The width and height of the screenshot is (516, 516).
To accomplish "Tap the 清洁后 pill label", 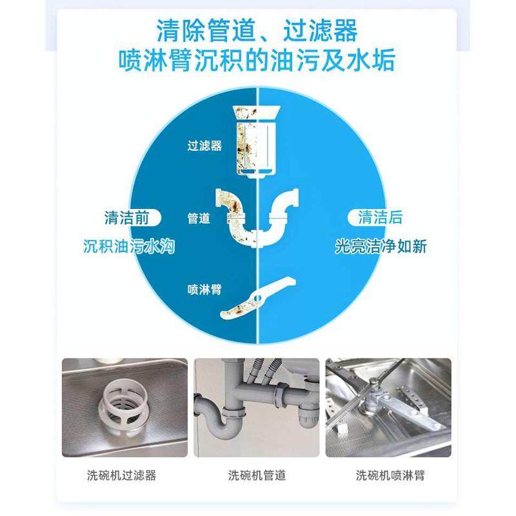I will pyautogui.click(x=381, y=217).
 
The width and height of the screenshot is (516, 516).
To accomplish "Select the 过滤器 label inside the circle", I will pyautogui.click(x=204, y=146).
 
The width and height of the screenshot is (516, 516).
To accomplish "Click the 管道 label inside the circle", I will pyautogui.click(x=199, y=218).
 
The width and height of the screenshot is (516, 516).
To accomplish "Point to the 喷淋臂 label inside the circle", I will pyautogui.click(x=204, y=290).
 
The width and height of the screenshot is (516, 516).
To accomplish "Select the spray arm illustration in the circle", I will pyautogui.click(x=257, y=298).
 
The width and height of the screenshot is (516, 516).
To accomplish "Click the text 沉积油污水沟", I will pyautogui.click(x=130, y=247).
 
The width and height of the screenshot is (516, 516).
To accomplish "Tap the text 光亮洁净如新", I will pyautogui.click(x=381, y=247).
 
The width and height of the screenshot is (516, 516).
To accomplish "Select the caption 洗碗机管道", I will pyautogui.click(x=257, y=476).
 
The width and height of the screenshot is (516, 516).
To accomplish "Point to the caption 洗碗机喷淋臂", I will pyautogui.click(x=390, y=476).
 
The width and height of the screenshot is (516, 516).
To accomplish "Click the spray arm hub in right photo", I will pyautogui.click(x=371, y=402).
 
